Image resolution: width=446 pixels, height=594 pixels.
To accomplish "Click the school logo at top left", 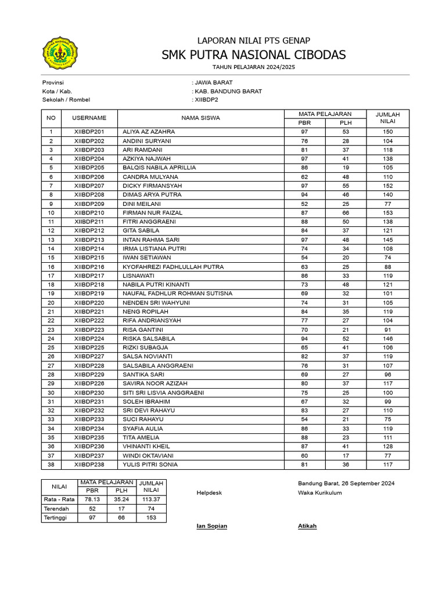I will [61, 53].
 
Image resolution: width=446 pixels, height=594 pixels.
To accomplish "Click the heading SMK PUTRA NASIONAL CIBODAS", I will [254, 55].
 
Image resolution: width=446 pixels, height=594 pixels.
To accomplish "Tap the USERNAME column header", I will [89, 118].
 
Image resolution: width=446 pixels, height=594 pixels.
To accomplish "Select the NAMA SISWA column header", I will [200, 118].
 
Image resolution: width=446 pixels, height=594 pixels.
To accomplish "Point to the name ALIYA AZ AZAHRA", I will [148, 132].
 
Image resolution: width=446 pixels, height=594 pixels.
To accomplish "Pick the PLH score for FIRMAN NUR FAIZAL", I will [346, 213].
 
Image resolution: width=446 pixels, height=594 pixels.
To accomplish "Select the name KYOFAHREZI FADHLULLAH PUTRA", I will [172, 267].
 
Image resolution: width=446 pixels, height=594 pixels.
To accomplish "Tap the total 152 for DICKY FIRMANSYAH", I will [387, 186].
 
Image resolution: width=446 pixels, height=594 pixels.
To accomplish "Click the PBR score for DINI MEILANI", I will [304, 204].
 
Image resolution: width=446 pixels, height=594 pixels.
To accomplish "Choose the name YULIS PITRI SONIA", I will [150, 465].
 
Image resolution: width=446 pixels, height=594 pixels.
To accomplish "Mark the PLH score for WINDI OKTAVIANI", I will [346, 456].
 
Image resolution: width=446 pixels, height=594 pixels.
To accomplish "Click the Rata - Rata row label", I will [59, 499].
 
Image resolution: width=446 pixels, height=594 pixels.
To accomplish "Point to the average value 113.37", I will [151, 499].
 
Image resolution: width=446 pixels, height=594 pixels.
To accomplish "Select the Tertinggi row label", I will [57, 517].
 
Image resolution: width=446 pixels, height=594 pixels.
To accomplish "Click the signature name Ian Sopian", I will [212, 526].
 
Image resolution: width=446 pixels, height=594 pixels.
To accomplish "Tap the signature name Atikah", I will [307, 526].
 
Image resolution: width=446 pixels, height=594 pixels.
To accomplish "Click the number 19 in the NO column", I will [51, 294].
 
